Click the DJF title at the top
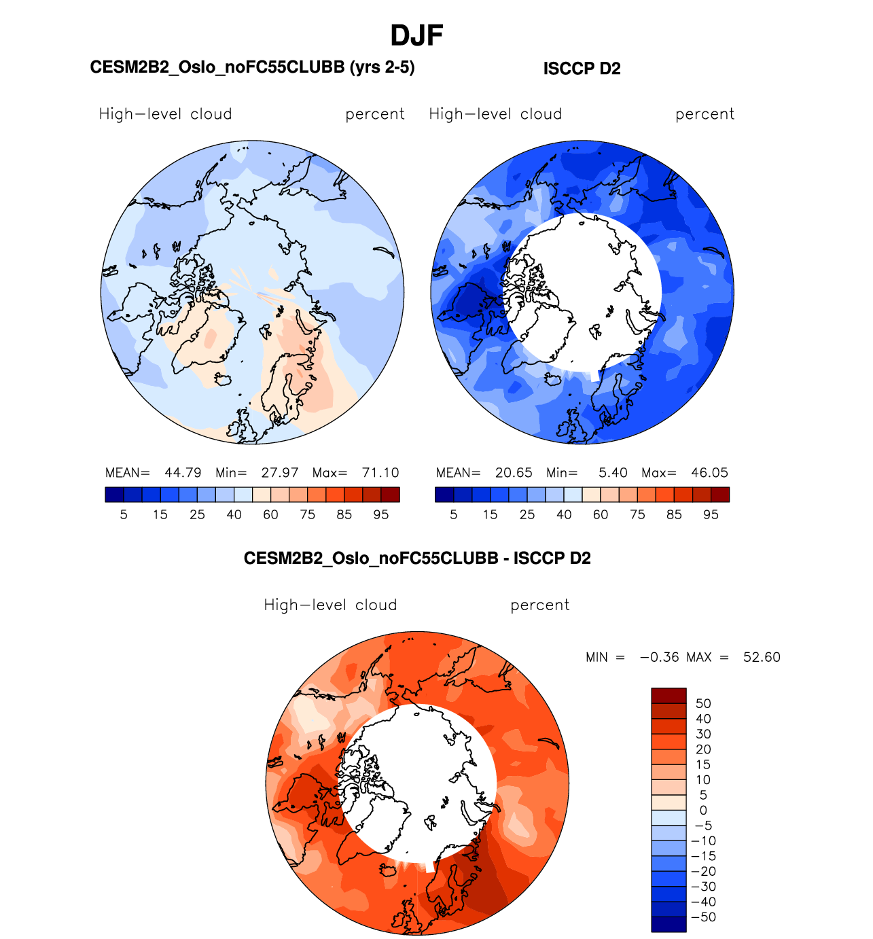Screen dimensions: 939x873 pyautogui.click(x=416, y=36)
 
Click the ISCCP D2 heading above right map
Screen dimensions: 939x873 pyautogui.click(x=582, y=69)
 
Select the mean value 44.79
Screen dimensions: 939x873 pyautogui.click(x=183, y=473)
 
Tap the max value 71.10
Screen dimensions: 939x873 pyautogui.click(x=380, y=473)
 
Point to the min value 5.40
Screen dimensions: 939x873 pyautogui.click(x=613, y=473)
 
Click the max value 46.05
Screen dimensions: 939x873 pyautogui.click(x=709, y=473)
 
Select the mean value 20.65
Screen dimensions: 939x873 pyautogui.click(x=514, y=473)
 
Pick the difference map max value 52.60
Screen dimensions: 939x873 pyautogui.click(x=762, y=658)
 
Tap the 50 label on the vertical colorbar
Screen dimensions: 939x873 pyautogui.click(x=703, y=704)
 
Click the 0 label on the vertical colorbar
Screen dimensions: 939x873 pyautogui.click(x=703, y=811)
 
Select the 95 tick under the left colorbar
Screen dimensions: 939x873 pyautogui.click(x=381, y=515)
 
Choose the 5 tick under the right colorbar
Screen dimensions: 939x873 pyautogui.click(x=454, y=515)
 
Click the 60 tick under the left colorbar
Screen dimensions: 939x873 pyautogui.click(x=270, y=515)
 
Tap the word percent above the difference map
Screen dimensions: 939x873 pyautogui.click(x=540, y=605)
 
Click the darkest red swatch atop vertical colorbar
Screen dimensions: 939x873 pyautogui.click(x=669, y=695)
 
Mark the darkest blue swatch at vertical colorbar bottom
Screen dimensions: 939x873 pyautogui.click(x=669, y=924)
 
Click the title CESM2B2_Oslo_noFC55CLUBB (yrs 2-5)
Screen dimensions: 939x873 pyautogui.click(x=252, y=67)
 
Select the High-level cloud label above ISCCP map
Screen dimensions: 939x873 pyautogui.click(x=495, y=114)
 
